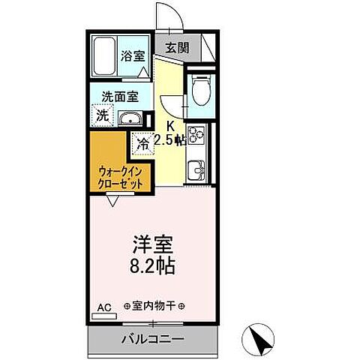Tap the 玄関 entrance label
coord(177,47)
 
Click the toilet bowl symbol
coord(199,92)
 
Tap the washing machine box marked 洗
coord(100,116)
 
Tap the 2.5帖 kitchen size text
coord(170,139)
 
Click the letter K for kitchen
coord(169,125)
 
